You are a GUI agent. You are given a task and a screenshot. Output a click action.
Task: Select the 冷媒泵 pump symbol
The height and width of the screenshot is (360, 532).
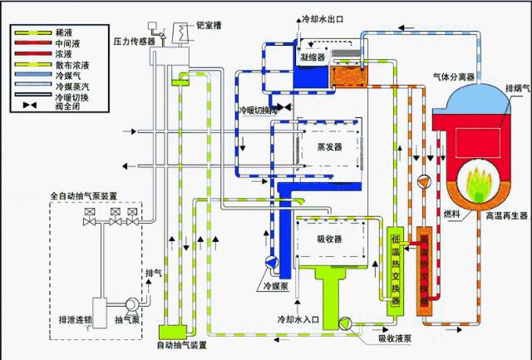pos(271,263)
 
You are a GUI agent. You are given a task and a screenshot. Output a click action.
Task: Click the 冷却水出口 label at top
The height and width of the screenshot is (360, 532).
pos(318,17)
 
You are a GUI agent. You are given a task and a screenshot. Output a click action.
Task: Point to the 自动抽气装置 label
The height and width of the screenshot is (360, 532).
pos(182,343)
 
